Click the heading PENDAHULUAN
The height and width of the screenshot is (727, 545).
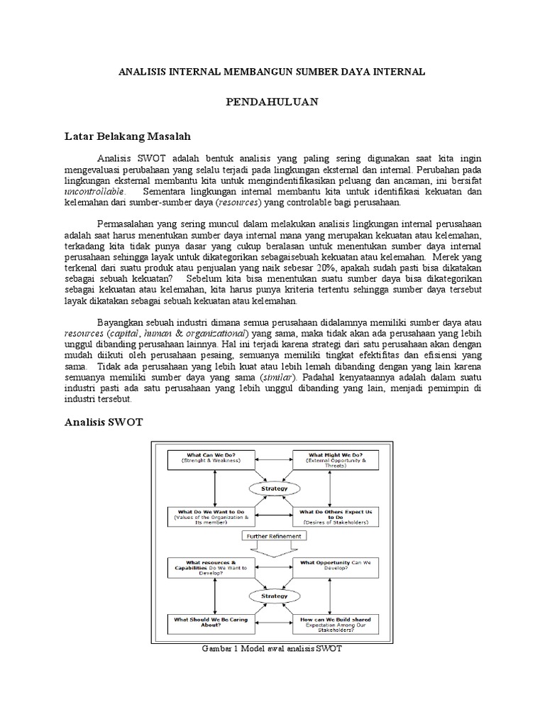[272, 102]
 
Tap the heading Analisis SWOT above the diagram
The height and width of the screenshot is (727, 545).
[104, 422]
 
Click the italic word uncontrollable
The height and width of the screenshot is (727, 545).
[94, 192]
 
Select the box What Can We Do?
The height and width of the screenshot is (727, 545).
[214, 459]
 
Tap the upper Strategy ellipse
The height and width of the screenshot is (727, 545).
[273, 489]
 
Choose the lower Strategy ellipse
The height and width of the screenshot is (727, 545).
[273, 596]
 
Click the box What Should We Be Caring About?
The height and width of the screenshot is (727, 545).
[214, 623]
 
